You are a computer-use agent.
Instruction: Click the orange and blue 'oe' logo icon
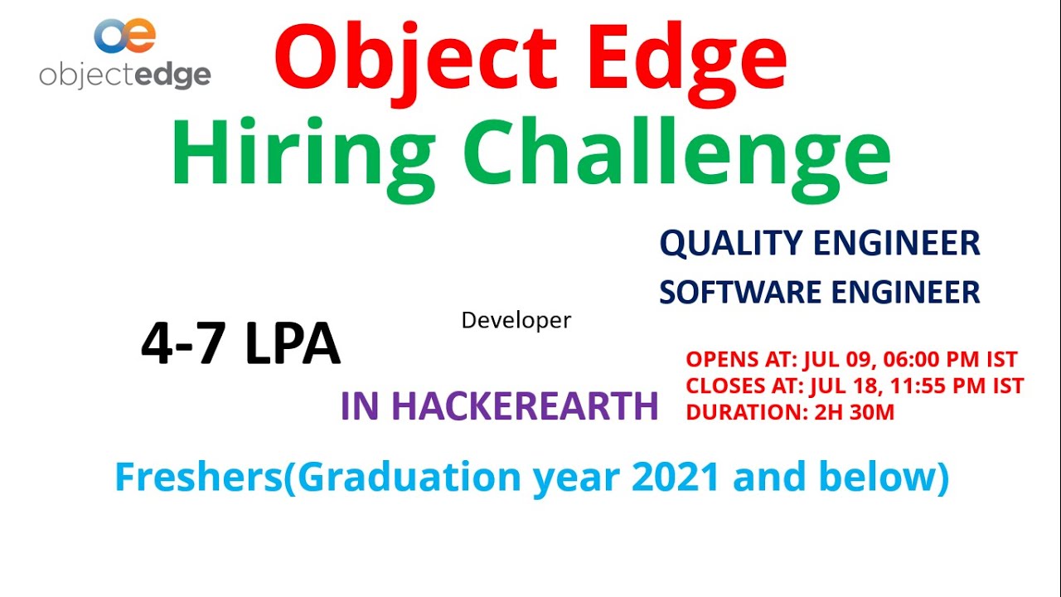pyautogui.click(x=124, y=36)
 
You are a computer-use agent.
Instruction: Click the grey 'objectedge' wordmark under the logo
pyautogui.click(x=125, y=75)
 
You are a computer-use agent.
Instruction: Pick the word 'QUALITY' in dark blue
pyautogui.click(x=730, y=244)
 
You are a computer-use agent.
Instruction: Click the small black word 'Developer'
pyautogui.click(x=516, y=320)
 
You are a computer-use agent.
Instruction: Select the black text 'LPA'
pyautogui.click(x=293, y=343)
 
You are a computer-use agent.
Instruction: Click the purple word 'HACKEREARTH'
pyautogui.click(x=525, y=406)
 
